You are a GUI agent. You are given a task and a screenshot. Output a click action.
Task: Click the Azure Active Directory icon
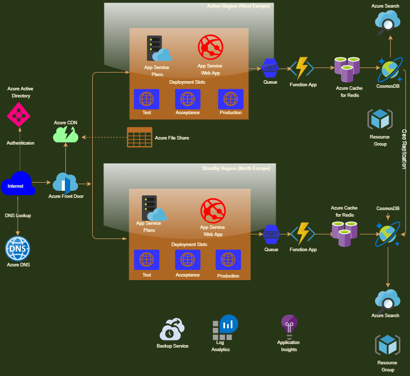coord(19,114)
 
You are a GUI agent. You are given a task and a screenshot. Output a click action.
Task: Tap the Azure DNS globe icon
coord(18,249)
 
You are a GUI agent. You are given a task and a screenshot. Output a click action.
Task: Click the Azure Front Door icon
coord(65,183)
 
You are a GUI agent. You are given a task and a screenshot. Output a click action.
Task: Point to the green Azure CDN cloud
coord(66,134)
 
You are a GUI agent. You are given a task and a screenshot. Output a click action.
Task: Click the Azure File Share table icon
coord(139,137)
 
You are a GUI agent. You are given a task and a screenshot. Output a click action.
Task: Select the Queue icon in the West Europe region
coord(270,67)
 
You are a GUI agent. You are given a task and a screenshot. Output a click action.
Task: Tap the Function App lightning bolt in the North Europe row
coord(303,234)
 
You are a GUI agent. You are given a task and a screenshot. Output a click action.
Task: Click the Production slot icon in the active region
coord(231,99)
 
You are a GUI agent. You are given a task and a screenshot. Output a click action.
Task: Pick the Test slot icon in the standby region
coord(146,259)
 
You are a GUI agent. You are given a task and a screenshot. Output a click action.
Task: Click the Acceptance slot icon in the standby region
coord(188,259)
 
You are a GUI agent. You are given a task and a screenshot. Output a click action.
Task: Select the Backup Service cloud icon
coord(172,330)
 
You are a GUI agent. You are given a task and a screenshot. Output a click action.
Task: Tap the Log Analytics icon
coord(225,328)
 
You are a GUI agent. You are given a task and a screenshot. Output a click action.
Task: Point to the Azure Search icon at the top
coord(388,22)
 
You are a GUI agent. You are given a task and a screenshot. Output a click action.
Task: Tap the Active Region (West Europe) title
coord(238,6)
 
